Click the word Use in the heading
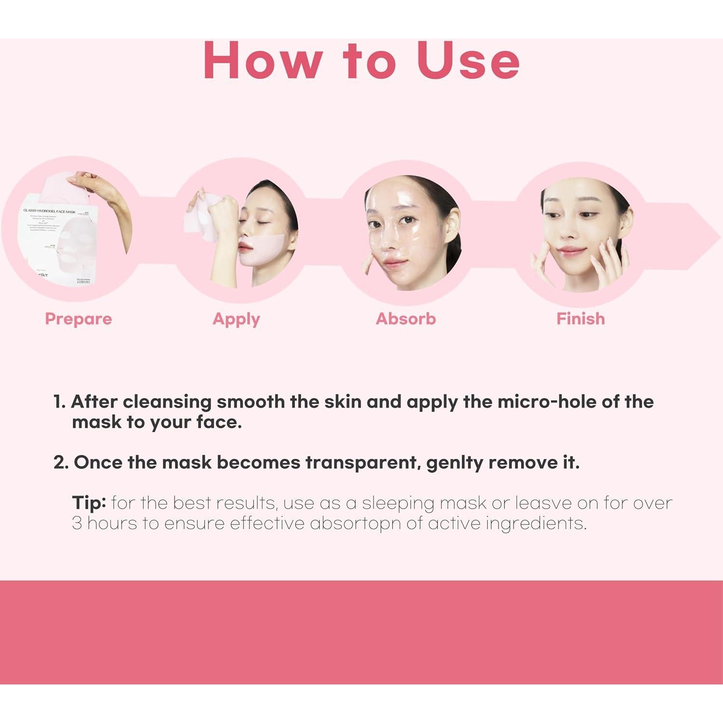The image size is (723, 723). pos(468,61)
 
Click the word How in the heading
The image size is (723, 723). pos(263,61)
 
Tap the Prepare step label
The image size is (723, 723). pos(78,319)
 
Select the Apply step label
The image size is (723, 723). pos(236,319)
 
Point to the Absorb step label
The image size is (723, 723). pos(406,319)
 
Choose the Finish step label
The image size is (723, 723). pos(580,319)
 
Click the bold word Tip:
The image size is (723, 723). pos(89,503)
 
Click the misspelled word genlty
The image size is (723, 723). pos(454,463)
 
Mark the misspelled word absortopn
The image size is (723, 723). pos(355,523)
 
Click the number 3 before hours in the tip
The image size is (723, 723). pos(77,523)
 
